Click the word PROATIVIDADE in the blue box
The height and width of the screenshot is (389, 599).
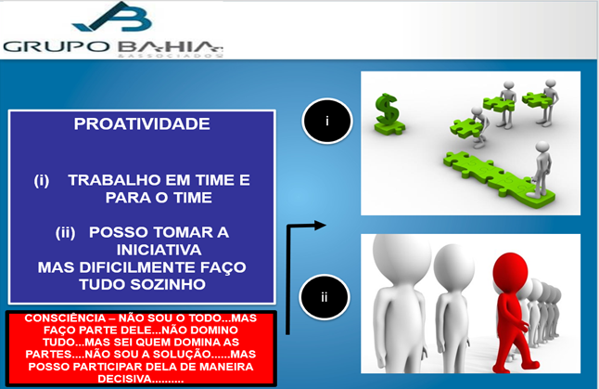pyautogui.click(x=141, y=124)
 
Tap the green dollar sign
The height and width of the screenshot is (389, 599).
pyautogui.click(x=386, y=113)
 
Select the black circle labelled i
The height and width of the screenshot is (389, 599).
pyautogui.click(x=326, y=120)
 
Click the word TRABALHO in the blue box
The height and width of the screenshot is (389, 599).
pyautogui.click(x=112, y=180)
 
